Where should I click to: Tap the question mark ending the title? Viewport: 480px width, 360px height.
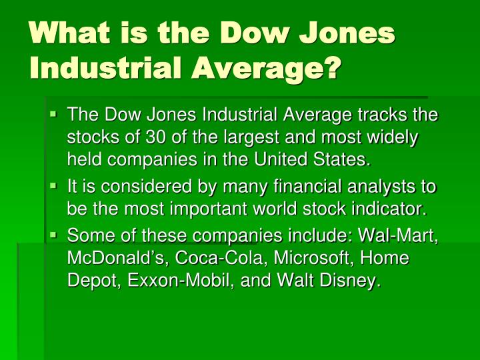pos(333,67)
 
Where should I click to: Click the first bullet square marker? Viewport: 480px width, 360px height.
pos(53,114)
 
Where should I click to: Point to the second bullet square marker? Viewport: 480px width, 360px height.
pos(53,186)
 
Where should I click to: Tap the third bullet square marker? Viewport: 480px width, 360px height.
pos(53,235)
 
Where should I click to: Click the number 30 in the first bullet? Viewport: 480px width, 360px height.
pos(155,137)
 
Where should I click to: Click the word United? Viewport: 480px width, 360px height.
pos(281,159)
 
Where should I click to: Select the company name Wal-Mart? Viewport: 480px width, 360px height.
pos(398,236)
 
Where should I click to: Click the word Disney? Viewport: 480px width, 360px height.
pos(351,281)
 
